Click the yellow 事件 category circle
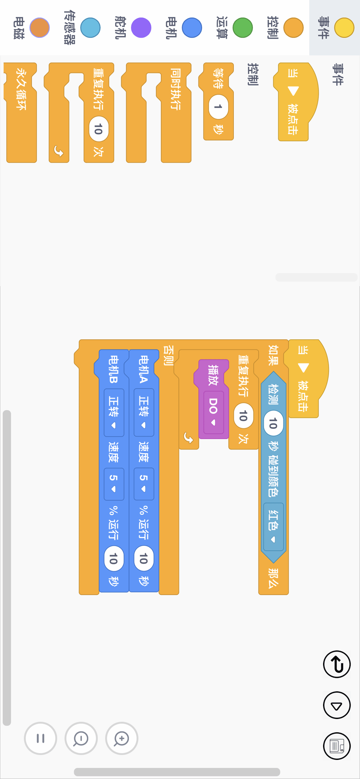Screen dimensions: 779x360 click(344, 28)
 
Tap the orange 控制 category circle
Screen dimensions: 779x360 click(293, 28)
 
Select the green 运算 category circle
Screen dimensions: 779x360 click(243, 28)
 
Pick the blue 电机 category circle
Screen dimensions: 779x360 click(192, 28)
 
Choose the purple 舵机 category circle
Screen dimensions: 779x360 click(141, 28)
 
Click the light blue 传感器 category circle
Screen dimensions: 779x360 click(91, 28)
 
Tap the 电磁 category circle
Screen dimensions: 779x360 click(39, 28)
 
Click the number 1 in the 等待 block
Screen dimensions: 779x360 click(218, 107)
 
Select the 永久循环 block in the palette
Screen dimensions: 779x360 click(21, 89)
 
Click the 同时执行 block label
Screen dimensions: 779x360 click(175, 89)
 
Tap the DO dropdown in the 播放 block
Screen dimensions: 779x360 click(213, 411)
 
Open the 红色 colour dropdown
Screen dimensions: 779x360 click(273, 526)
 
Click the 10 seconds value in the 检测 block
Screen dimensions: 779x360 click(273, 424)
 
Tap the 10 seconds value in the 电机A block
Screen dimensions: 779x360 click(144, 559)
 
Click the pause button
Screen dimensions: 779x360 click(41, 738)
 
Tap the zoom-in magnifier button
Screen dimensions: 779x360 click(122, 738)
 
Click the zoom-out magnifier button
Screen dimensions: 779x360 click(81, 738)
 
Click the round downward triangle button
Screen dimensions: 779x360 click(336, 705)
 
